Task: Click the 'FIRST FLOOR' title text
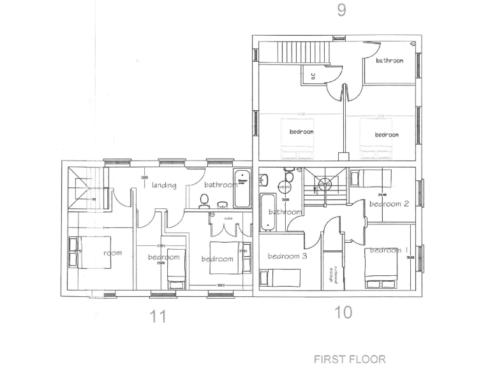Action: coord(350,359)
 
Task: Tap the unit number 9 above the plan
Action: coord(341,11)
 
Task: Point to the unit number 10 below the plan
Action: coord(343,312)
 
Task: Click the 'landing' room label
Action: coord(164,185)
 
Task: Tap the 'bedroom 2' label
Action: coord(389,204)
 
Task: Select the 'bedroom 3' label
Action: coord(287,256)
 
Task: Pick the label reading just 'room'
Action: coord(112,253)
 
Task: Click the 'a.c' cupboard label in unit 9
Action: coord(313,75)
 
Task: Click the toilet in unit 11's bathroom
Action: coord(204,201)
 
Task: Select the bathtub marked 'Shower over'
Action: coord(242,189)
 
